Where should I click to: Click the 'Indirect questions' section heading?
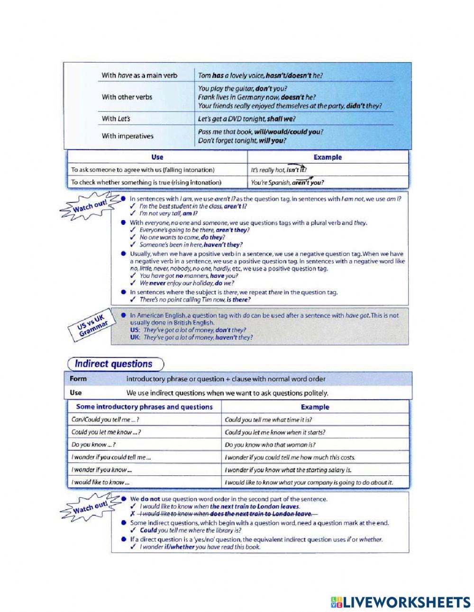tap(114, 364)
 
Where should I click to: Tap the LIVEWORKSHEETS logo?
tap(401, 602)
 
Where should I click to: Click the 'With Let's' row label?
tap(116, 119)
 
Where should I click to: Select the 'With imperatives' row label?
tap(128, 136)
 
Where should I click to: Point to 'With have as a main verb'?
tap(139, 75)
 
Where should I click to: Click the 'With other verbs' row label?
tap(127, 97)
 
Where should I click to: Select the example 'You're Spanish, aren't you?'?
tap(287, 182)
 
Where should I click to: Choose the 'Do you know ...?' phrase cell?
tap(93, 445)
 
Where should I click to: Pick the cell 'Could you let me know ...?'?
tap(106, 432)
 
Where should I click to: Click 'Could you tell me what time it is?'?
tap(268, 420)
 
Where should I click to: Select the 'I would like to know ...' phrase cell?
tap(100, 482)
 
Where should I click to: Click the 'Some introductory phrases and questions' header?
tap(144, 407)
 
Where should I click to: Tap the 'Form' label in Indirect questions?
tap(78, 379)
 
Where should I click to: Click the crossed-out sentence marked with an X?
tap(226, 514)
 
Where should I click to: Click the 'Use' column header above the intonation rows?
tap(157, 157)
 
